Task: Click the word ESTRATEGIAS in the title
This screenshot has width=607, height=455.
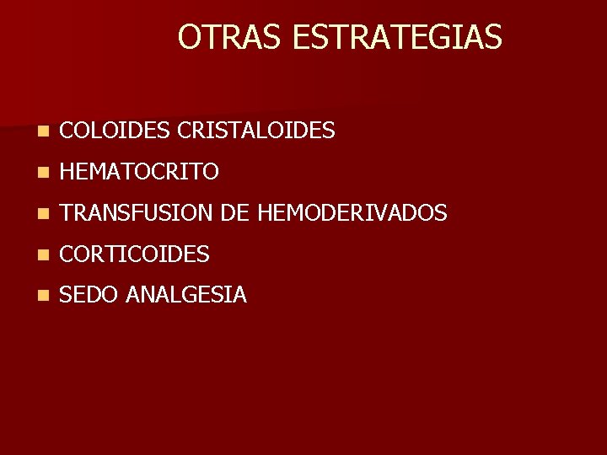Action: tap(398, 37)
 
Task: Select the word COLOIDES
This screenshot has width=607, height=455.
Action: tap(117, 131)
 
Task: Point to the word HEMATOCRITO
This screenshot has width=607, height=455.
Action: tap(140, 172)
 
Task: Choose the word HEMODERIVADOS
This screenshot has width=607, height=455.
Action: tap(352, 213)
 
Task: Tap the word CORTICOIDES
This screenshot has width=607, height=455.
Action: tap(135, 254)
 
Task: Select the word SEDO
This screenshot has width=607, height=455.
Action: tap(89, 295)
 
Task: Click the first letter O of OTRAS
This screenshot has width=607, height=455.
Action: tap(189, 37)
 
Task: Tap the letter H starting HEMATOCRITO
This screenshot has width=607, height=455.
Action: tap(69, 172)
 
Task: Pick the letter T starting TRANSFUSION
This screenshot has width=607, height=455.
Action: tap(67, 213)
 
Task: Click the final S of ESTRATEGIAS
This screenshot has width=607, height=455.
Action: tap(493, 37)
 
